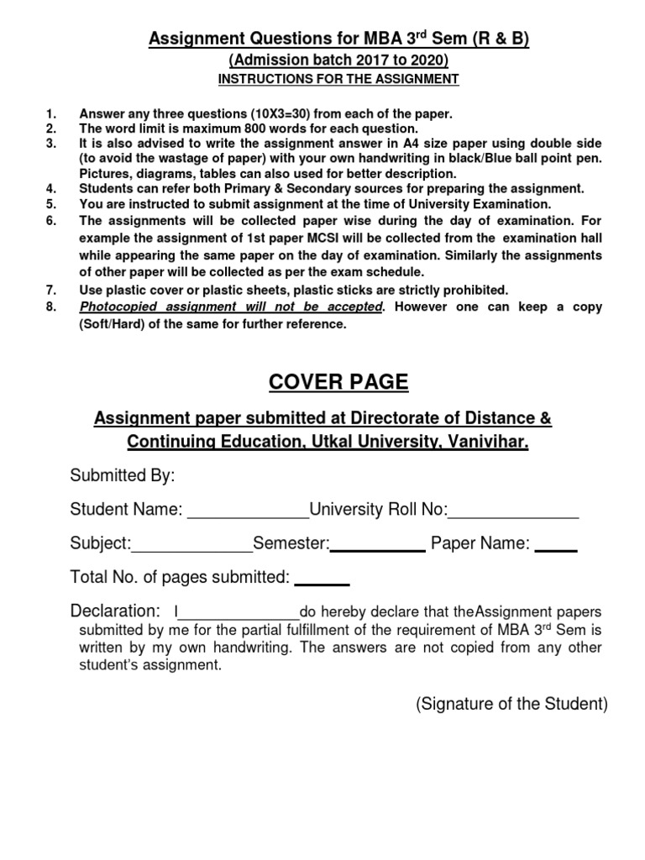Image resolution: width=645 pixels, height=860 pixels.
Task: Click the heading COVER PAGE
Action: point(338,382)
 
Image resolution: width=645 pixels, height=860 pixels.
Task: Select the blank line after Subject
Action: point(192,549)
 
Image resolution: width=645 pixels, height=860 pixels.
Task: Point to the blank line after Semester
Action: point(378,549)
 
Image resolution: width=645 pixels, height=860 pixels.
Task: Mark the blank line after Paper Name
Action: point(556,549)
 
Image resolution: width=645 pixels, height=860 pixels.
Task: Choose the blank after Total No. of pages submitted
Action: point(322,583)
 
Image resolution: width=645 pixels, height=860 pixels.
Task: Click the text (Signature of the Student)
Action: point(511,705)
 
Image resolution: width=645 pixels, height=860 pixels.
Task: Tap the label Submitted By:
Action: point(123,476)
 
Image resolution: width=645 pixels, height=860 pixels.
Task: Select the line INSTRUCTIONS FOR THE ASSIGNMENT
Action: point(338,79)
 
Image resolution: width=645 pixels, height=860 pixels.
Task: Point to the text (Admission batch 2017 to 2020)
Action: point(338,60)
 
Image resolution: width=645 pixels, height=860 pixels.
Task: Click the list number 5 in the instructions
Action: point(50,204)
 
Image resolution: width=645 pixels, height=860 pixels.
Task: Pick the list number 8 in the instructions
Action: point(50,307)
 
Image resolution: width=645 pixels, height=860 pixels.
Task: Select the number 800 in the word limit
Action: point(256,128)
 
